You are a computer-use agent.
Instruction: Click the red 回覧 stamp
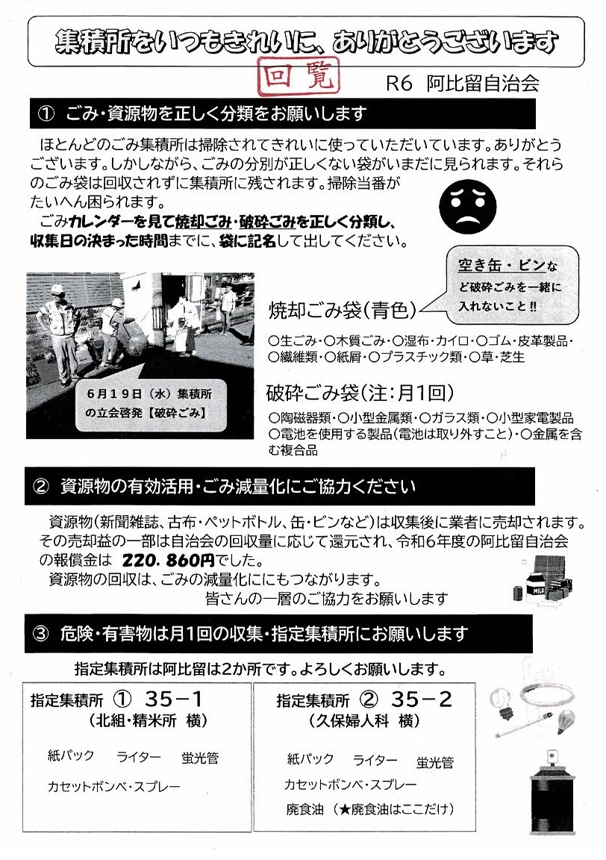[299, 77]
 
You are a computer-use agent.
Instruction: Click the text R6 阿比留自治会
[462, 84]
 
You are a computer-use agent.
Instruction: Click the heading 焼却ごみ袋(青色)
[343, 311]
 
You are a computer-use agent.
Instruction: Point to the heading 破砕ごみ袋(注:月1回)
[360, 393]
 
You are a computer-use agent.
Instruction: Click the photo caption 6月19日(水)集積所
[149, 394]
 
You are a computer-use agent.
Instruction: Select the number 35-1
[174, 699]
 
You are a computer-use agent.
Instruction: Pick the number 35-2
[421, 699]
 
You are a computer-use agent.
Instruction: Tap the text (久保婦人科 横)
[365, 720]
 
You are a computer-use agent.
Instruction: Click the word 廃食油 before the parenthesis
[305, 809]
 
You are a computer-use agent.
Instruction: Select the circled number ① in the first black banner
[46, 113]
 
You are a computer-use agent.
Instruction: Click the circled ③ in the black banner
[42, 634]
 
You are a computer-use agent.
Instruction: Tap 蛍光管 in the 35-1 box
[200, 758]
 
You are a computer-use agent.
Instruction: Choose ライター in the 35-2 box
[375, 760]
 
